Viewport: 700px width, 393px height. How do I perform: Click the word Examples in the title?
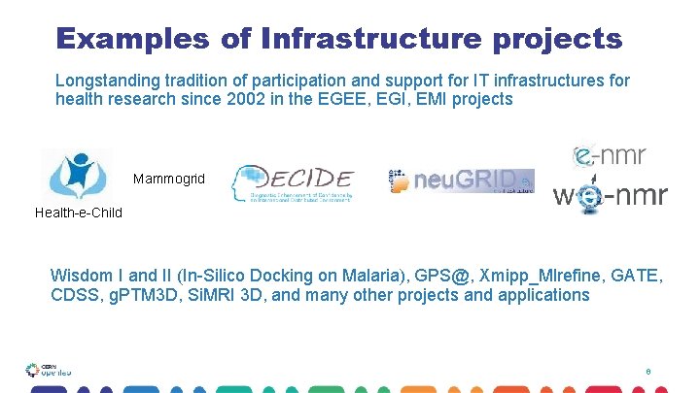click(x=132, y=39)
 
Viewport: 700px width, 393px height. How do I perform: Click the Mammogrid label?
click(x=169, y=180)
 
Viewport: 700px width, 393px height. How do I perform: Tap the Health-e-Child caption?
click(x=79, y=213)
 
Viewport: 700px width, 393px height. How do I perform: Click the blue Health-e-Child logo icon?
click(x=77, y=175)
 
